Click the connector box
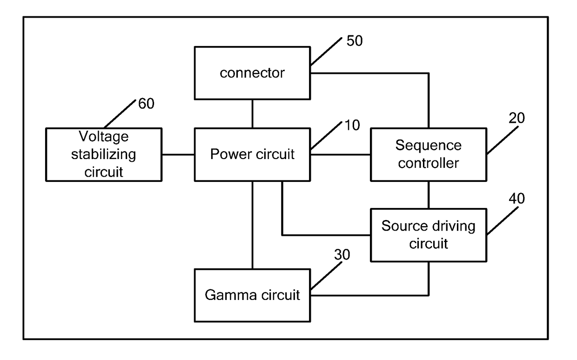[252, 73]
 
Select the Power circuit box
[252, 154]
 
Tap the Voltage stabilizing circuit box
[104, 154]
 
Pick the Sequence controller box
[429, 154]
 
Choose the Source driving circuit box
[429, 235]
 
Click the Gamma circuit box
[252, 295]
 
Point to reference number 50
[355, 40]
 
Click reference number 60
[146, 104]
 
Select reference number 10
[352, 125]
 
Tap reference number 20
[517, 118]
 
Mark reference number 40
[517, 198]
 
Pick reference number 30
[342, 254]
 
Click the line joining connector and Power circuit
[252, 114]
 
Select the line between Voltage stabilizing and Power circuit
[178, 154]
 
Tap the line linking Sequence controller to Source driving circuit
[429, 195]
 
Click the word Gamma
[227, 295]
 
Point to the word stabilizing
[104, 155]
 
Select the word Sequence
[429, 146]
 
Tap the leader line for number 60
[120, 114]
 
